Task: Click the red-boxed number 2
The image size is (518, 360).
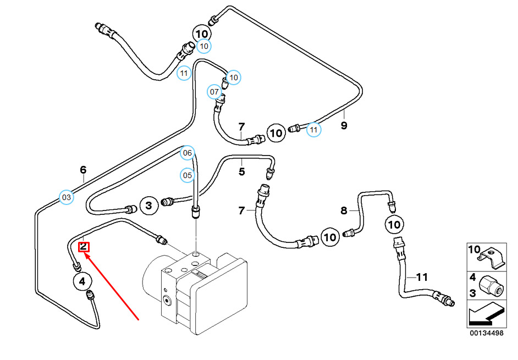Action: point(84,246)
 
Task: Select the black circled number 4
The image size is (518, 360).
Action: point(82,282)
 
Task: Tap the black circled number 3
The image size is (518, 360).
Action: point(148,206)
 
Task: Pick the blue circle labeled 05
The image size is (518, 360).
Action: point(188,176)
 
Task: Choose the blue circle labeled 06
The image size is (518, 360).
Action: point(188,153)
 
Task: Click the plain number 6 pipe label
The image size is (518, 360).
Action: point(83,170)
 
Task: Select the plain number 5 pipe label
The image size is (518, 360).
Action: point(241,172)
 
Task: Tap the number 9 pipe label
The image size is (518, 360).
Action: point(344,126)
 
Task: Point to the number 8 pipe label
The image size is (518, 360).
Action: point(344,210)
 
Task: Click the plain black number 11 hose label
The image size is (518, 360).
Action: point(422,278)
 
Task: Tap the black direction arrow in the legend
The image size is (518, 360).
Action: point(485,315)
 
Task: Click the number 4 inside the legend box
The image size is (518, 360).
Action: point(472,277)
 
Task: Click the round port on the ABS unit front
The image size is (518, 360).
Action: point(166,300)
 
